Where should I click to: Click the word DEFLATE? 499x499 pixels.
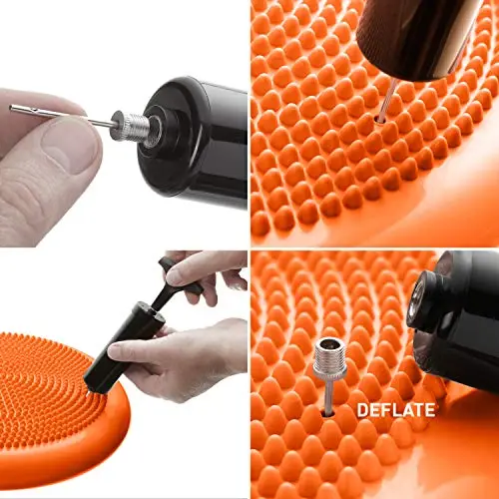[x=396, y=410]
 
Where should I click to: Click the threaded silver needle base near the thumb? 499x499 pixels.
[x=131, y=126]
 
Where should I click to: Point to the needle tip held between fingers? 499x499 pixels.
[x=11, y=108]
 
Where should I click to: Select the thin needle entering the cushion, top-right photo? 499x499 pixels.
[x=386, y=99]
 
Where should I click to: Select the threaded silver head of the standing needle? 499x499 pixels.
[x=330, y=357]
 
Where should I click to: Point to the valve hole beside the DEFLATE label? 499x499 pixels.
[x=328, y=413]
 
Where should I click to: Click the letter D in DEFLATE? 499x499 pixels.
[x=362, y=410]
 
